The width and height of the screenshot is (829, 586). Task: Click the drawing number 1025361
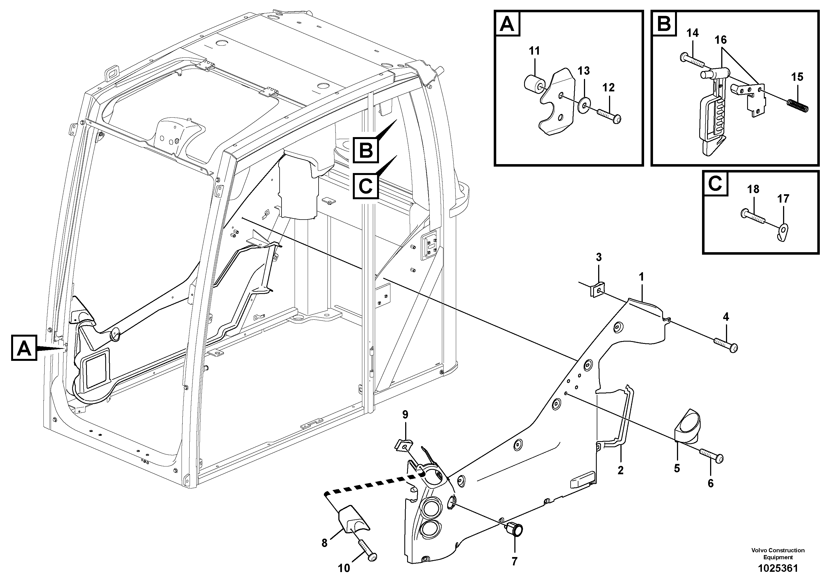778,568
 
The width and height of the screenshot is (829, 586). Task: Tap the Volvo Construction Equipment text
778,554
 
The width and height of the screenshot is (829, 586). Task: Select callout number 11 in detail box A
534,51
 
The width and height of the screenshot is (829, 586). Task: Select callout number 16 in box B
720,40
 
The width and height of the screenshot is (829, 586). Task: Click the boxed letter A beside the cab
24,348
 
